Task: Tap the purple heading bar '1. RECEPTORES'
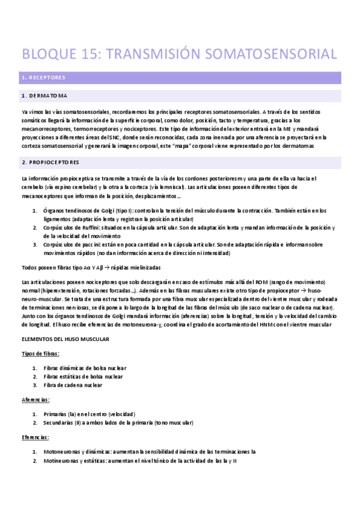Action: [x=180, y=78]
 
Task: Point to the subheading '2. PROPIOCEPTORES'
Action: [x=50, y=162]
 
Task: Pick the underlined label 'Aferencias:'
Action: [x=35, y=399]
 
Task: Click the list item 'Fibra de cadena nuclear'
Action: [x=77, y=385]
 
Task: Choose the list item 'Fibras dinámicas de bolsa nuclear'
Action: [x=85, y=368]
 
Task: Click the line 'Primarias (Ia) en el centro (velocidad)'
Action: [x=89, y=414]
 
